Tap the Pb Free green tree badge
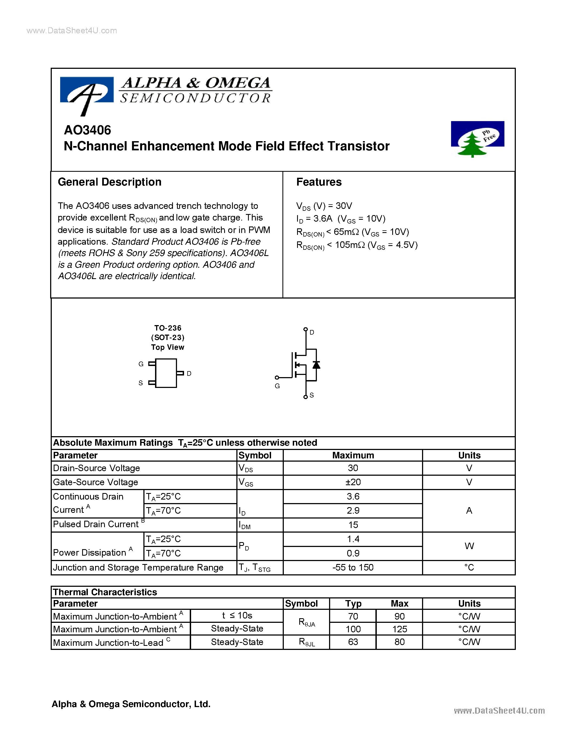(477, 138)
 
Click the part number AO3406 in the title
(87, 130)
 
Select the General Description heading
(110, 182)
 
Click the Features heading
(319, 182)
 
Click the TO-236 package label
(168, 328)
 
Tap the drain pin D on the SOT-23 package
(181, 373)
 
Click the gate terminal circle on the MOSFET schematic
(277, 377)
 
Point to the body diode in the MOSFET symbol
(316, 365)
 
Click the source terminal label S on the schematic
(311, 395)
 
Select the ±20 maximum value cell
(353, 482)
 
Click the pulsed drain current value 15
(353, 525)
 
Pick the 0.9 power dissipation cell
(353, 553)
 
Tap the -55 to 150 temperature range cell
(353, 567)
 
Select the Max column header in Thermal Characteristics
(399, 603)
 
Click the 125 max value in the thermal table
(399, 629)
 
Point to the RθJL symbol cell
(306, 642)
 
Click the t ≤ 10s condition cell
(237, 616)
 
